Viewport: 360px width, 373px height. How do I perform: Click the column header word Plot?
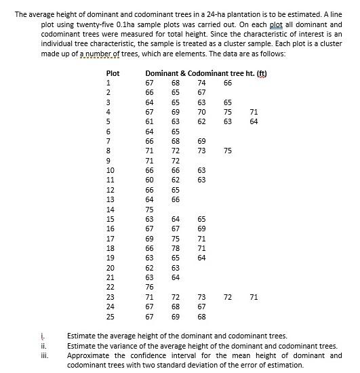click(113, 73)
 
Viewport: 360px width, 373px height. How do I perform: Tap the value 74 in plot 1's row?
click(201, 83)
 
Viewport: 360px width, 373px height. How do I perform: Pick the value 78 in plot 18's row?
click(175, 248)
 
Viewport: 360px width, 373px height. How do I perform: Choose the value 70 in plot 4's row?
click(201, 112)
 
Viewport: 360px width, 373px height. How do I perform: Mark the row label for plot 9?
click(108, 161)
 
